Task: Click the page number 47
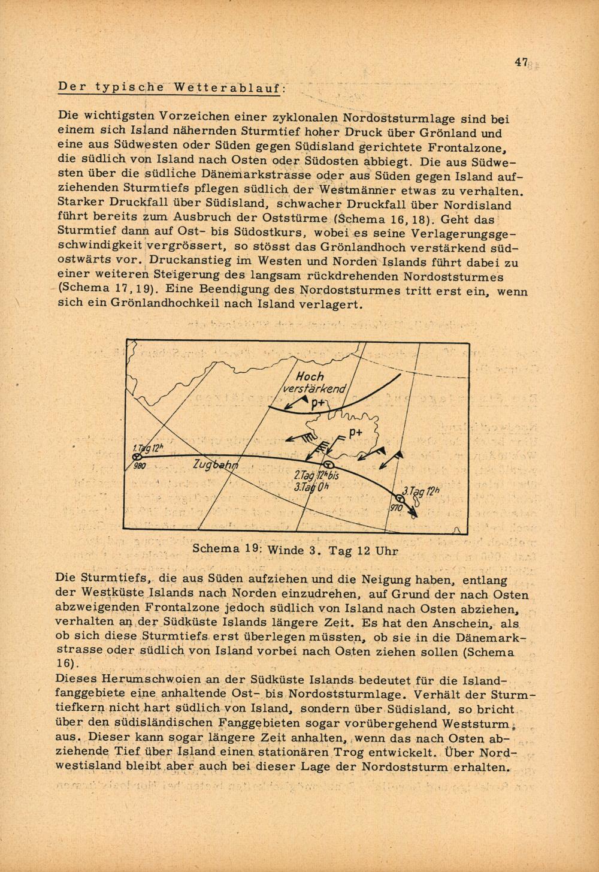pos(520,62)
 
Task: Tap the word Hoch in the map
pos(310,376)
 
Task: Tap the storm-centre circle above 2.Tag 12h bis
pos(328,465)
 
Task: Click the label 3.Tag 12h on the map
pos(420,493)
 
